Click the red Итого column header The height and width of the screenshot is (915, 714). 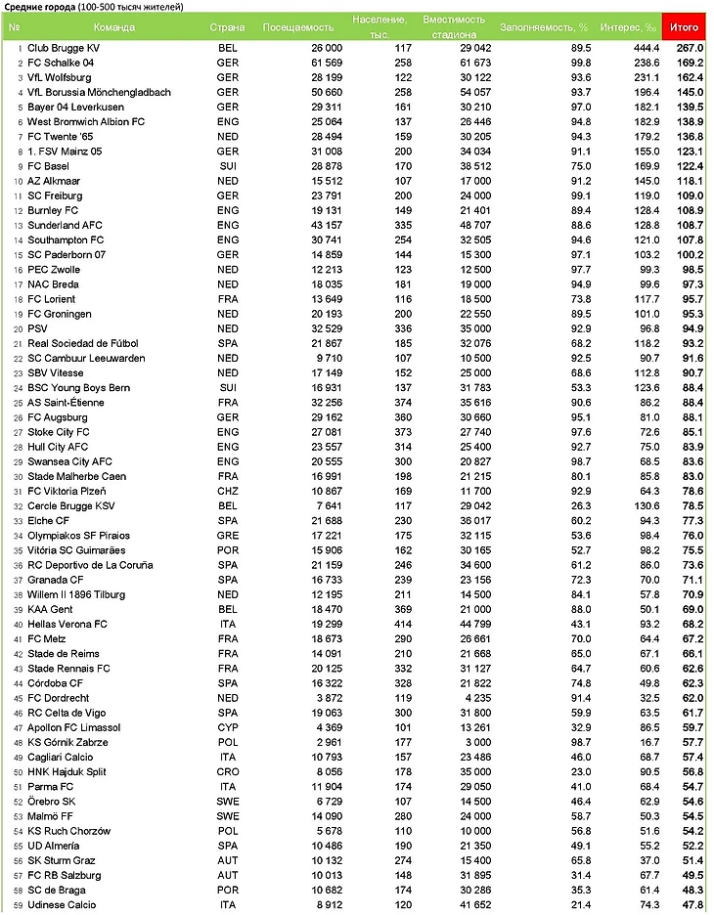point(685,27)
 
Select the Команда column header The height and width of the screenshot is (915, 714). point(115,27)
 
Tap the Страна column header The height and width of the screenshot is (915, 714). point(227,27)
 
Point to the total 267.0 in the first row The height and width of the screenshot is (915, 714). point(690,48)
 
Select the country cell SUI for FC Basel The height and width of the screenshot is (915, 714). point(227,166)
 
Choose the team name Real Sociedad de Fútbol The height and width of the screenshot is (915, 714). point(83,343)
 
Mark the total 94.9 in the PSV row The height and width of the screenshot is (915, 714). point(692,328)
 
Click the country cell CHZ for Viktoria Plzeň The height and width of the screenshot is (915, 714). point(227,491)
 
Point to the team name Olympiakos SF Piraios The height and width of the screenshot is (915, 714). point(78,536)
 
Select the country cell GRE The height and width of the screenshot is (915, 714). point(227,536)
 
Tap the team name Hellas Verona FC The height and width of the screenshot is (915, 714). point(67,624)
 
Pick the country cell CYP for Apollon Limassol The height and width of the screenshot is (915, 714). point(227,727)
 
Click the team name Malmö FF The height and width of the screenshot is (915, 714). point(54,816)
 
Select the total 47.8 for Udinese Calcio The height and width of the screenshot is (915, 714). point(692,905)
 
